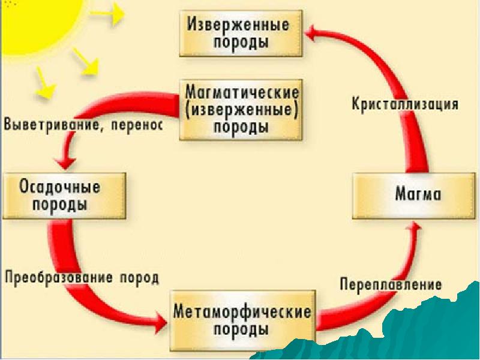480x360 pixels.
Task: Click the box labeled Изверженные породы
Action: click(x=239, y=34)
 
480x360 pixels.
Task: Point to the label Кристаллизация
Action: click(x=405, y=104)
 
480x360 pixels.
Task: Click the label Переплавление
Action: click(x=391, y=284)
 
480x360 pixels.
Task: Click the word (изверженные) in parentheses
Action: click(x=242, y=110)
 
